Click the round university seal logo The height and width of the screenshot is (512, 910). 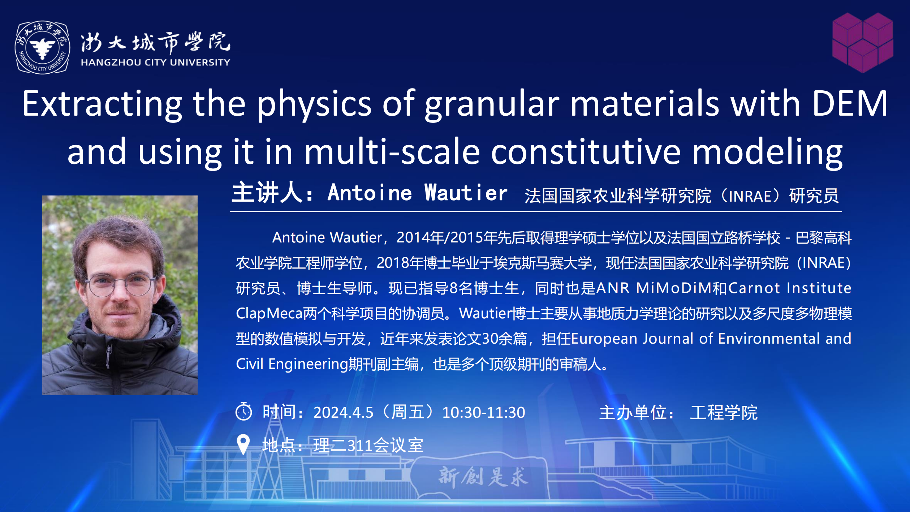(x=42, y=47)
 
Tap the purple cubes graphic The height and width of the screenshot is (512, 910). (x=863, y=43)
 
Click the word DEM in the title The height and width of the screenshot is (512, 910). (x=850, y=104)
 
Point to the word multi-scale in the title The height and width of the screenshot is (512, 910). (x=392, y=152)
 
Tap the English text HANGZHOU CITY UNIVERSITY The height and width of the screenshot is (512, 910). (x=155, y=63)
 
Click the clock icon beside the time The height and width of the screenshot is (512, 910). (x=244, y=411)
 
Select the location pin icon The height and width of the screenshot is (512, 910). (x=243, y=444)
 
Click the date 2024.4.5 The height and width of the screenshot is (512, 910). (x=343, y=412)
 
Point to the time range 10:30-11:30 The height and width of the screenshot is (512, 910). (x=484, y=412)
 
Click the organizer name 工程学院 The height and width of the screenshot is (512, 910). (x=724, y=413)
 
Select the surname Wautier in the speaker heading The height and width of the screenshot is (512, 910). (x=466, y=193)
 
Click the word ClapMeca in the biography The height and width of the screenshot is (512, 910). (x=269, y=314)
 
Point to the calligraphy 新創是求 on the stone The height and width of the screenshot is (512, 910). (x=483, y=477)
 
